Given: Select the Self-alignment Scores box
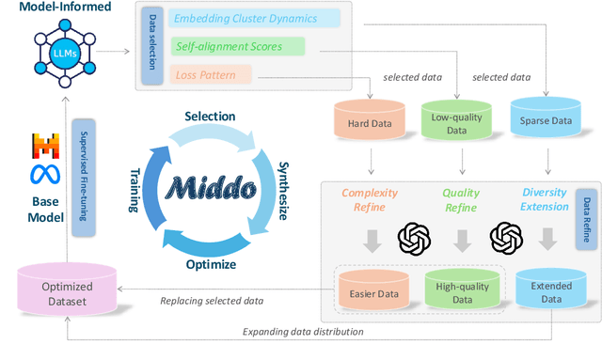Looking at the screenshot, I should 239,46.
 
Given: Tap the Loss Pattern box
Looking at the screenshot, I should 212,72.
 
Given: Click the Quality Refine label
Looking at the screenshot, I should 460,199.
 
